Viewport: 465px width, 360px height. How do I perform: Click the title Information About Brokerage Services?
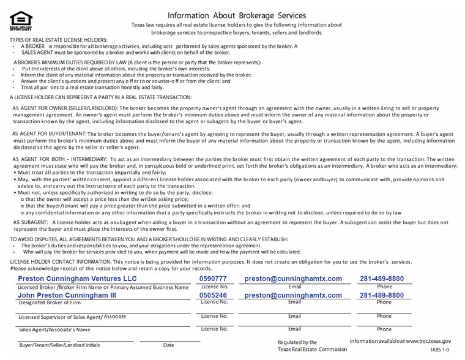(x=237, y=15)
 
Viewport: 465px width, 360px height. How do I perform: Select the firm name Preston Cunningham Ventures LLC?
(x=77, y=279)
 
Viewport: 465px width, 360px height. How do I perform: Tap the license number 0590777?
(x=213, y=279)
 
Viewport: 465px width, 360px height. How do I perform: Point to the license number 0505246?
(x=213, y=295)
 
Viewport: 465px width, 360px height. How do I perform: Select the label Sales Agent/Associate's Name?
(x=54, y=329)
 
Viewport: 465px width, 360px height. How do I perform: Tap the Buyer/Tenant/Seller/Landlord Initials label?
(x=59, y=345)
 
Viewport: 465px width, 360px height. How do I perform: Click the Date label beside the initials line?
(x=168, y=345)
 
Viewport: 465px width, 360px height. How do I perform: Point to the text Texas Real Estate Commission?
(x=312, y=350)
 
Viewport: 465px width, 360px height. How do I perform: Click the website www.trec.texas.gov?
(x=428, y=341)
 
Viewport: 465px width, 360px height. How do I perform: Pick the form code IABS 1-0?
(x=440, y=350)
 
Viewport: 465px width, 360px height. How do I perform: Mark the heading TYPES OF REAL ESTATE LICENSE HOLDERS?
(x=58, y=39)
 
